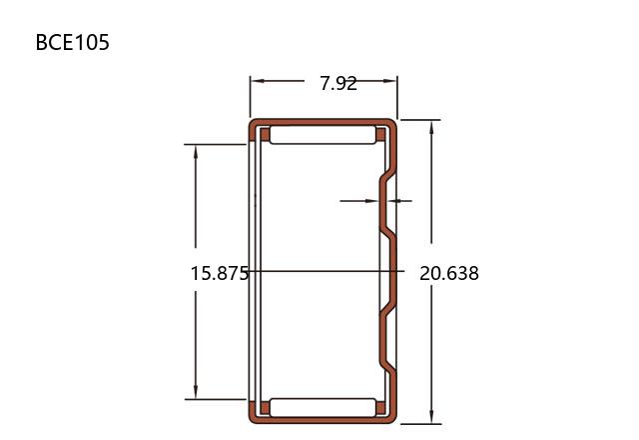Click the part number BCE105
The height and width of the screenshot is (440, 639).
(x=73, y=42)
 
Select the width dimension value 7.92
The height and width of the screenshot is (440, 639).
(x=338, y=84)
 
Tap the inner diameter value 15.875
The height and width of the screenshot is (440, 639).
(x=220, y=273)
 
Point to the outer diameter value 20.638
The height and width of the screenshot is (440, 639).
(x=449, y=273)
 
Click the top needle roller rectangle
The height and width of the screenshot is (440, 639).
(x=322, y=135)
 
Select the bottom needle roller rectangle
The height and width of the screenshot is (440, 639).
(x=322, y=407)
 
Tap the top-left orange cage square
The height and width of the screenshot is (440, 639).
(x=265, y=135)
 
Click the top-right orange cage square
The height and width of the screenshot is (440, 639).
(x=380, y=135)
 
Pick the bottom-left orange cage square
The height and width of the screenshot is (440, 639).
(x=265, y=408)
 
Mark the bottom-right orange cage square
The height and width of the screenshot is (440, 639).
(x=380, y=408)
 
